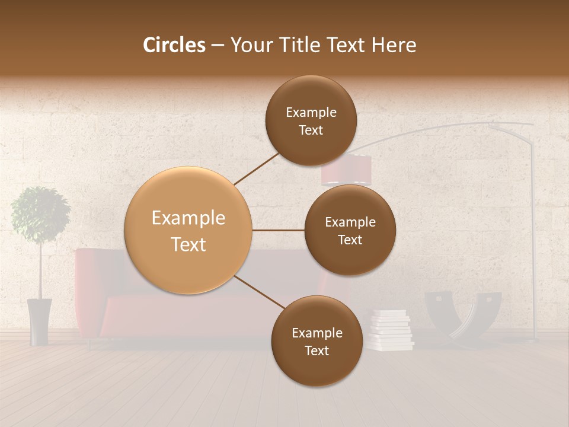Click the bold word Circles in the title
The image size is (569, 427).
[174, 45]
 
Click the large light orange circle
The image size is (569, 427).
[188, 230]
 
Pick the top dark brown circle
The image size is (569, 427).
[311, 120]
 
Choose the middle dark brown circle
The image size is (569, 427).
[350, 230]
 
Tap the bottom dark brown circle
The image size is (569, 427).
[317, 341]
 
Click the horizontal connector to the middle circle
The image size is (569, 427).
[279, 230]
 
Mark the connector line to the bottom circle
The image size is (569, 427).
[260, 292]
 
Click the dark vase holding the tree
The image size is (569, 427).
[40, 321]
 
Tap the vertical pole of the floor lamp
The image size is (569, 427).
[534, 237]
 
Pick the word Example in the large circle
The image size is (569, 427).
[188, 218]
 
